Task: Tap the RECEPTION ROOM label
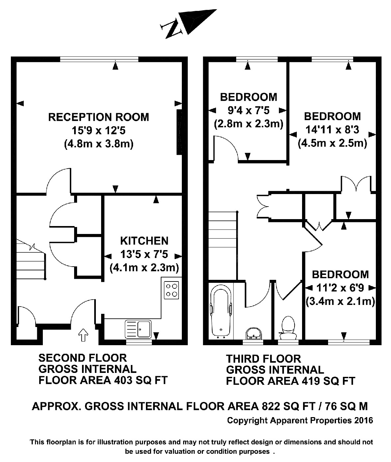(x=98, y=117)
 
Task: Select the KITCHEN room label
(x=144, y=241)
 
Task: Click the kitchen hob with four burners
(x=171, y=290)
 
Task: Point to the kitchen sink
(x=138, y=329)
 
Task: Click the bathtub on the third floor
(x=221, y=311)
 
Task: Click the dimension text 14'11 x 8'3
(x=332, y=130)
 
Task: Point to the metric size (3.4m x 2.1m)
(x=340, y=301)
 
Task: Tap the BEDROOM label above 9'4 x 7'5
(x=248, y=97)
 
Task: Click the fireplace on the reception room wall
(x=179, y=132)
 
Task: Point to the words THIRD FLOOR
(x=263, y=359)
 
